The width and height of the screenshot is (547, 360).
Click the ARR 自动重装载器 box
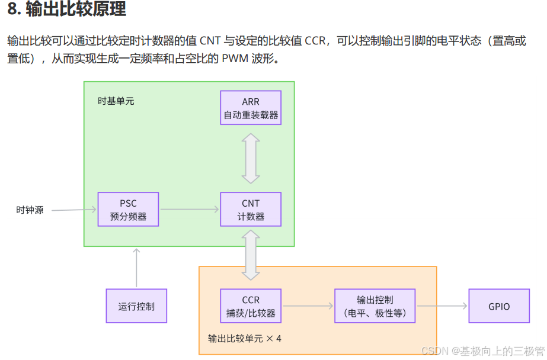click(251, 108)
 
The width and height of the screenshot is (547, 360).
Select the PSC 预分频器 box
click(128, 209)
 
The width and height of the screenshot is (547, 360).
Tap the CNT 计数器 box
click(251, 209)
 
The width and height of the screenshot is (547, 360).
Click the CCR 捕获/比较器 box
click(251, 306)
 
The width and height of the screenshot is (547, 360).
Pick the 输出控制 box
click(375, 306)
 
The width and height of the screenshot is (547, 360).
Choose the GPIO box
click(499, 306)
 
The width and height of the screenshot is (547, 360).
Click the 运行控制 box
click(136, 306)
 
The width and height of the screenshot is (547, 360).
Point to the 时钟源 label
click(30, 210)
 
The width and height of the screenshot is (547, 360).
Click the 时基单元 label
click(116, 101)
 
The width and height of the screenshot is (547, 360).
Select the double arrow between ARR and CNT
click(251, 158)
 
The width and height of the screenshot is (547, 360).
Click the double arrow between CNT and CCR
click(251, 255)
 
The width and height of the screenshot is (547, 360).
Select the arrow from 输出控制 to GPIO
click(442, 306)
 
